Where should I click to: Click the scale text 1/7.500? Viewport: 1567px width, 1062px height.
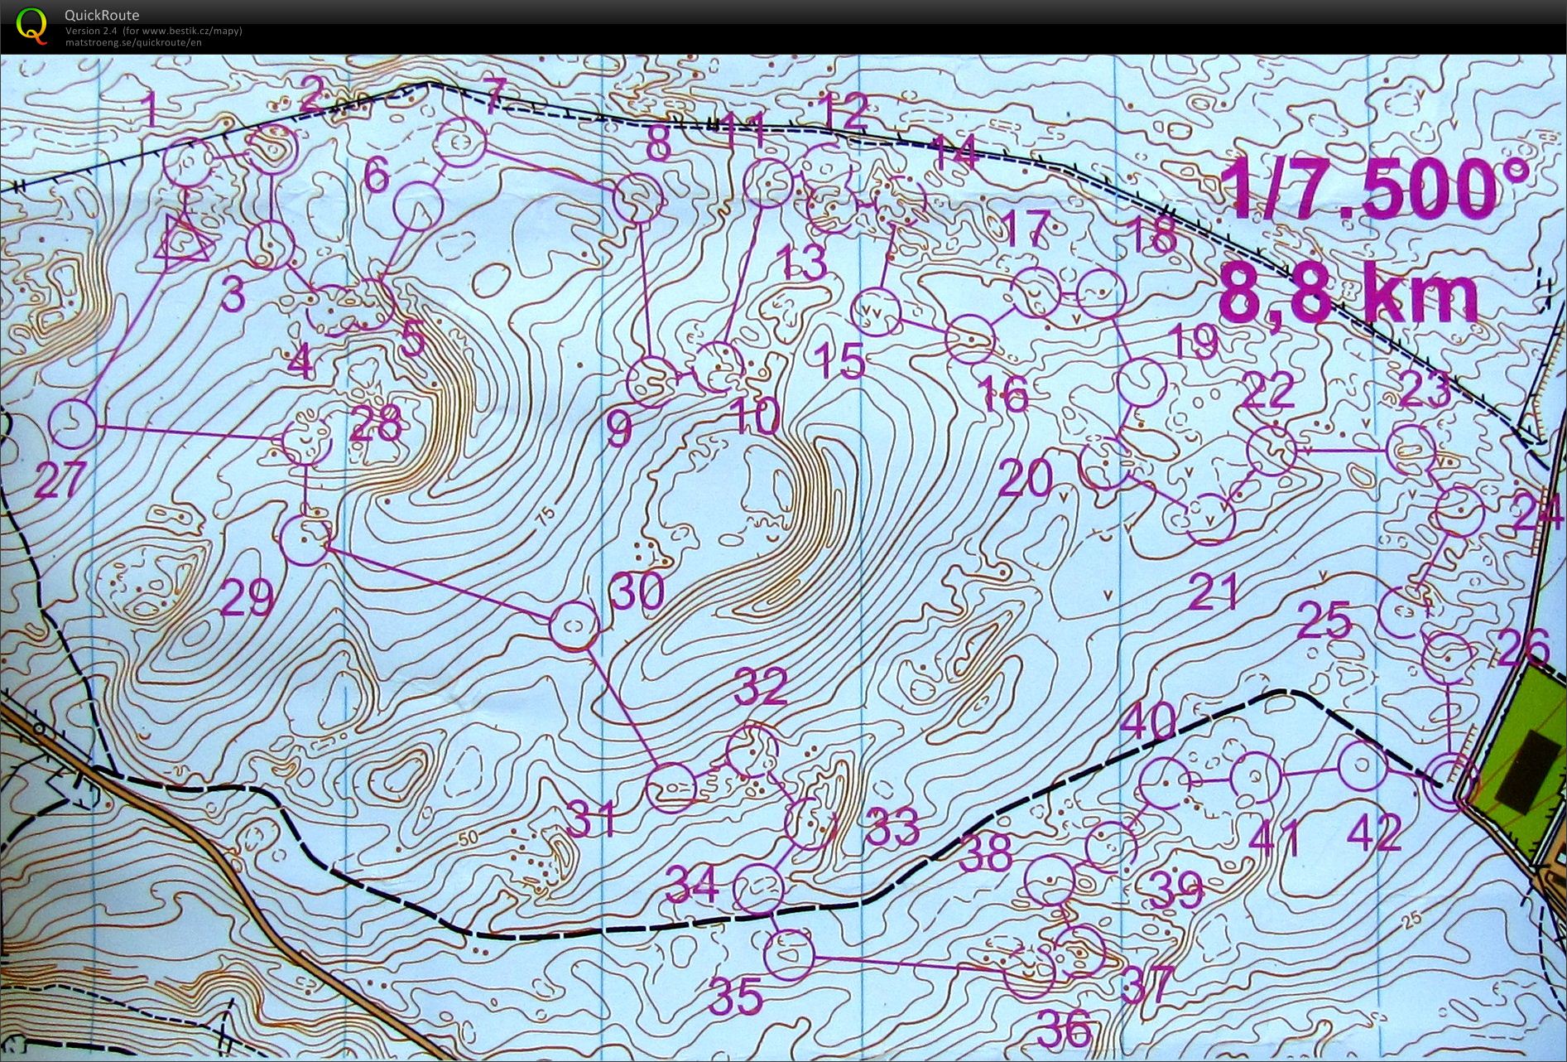(x=1362, y=190)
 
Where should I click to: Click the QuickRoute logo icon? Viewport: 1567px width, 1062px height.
(x=31, y=25)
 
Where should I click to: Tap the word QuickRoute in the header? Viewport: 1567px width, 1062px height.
(x=102, y=15)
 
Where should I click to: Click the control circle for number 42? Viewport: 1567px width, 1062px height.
(x=1363, y=766)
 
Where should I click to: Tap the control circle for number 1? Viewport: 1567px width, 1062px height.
(x=186, y=164)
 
